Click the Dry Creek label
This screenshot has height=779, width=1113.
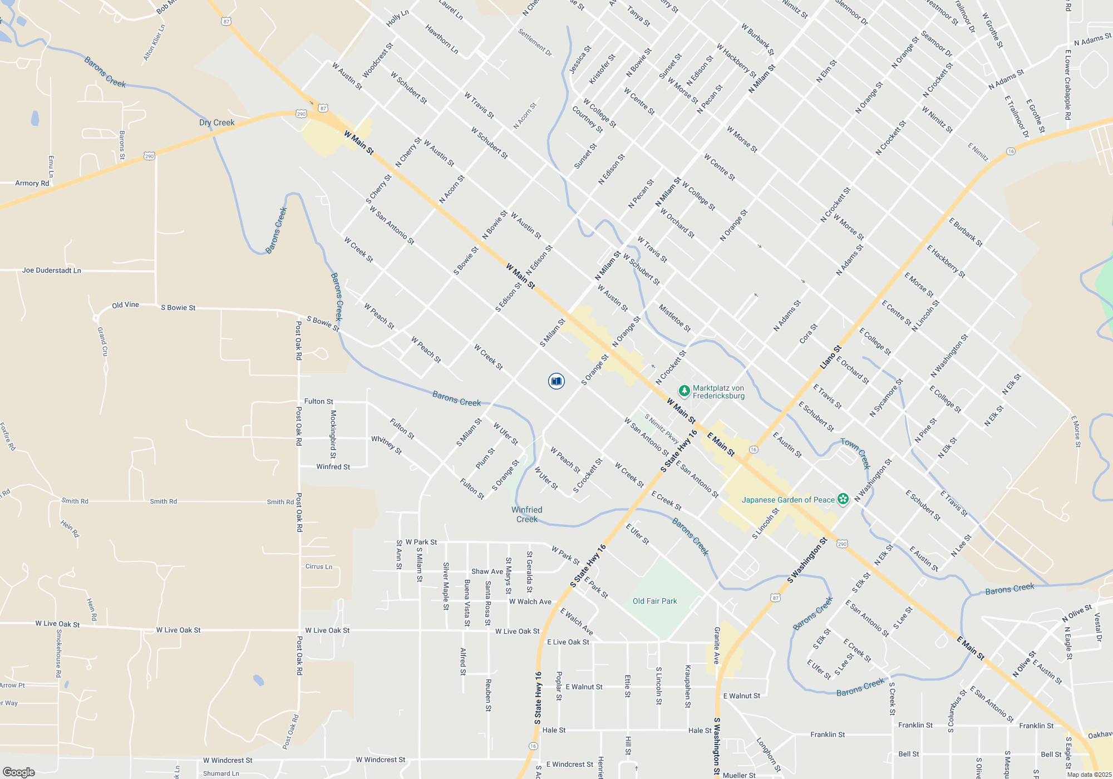pyautogui.click(x=216, y=122)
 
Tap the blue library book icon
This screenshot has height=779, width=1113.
pyautogui.click(x=556, y=381)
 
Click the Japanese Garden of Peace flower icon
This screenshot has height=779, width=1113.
pyautogui.click(x=843, y=499)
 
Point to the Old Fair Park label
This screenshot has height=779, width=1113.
pyautogui.click(x=654, y=601)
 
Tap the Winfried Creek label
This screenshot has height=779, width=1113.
pyautogui.click(x=526, y=514)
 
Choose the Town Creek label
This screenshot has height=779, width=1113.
pyautogui.click(x=855, y=453)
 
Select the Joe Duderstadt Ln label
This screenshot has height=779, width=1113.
pyautogui.click(x=52, y=270)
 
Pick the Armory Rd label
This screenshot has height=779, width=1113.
pyautogui.click(x=32, y=183)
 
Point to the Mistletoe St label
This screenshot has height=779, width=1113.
pyautogui.click(x=674, y=318)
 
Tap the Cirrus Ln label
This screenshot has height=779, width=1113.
pyautogui.click(x=319, y=566)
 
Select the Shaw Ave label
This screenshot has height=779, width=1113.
pyautogui.click(x=487, y=571)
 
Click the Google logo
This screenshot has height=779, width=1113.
pyautogui.click(x=19, y=772)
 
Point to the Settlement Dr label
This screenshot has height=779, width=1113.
pyautogui.click(x=535, y=42)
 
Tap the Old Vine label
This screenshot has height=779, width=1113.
pyautogui.click(x=125, y=305)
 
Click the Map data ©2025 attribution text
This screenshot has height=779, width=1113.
pyautogui.click(x=1089, y=775)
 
